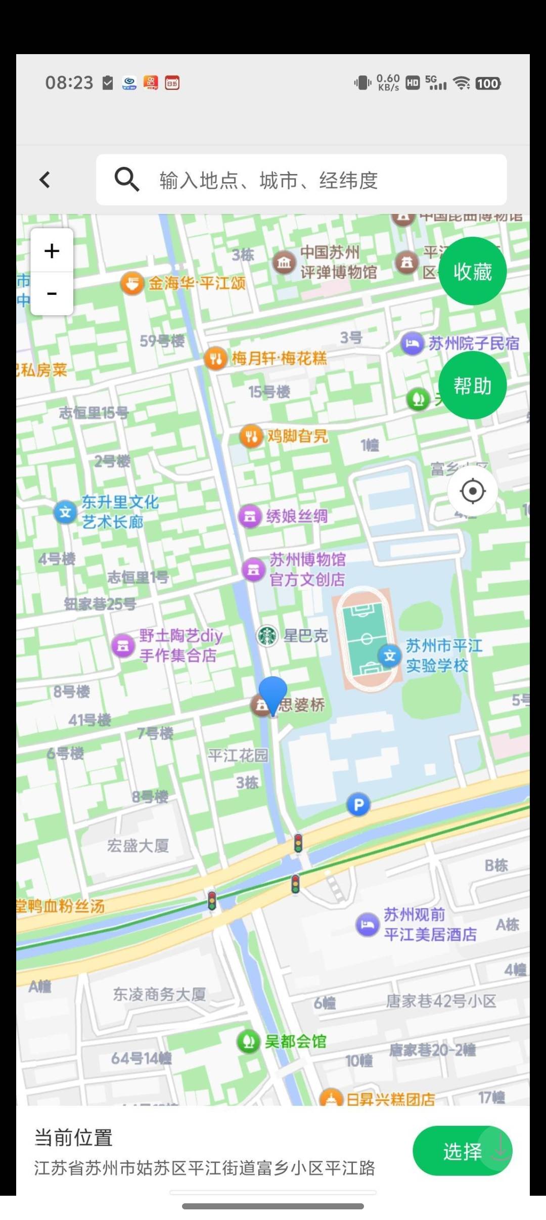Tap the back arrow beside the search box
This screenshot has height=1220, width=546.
[45, 180]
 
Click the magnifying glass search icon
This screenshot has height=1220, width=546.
[126, 180]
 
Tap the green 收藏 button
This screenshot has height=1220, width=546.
[472, 271]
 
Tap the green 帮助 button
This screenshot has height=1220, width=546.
[472, 385]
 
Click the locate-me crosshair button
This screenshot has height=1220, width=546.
[473, 491]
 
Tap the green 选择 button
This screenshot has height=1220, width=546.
[462, 1151]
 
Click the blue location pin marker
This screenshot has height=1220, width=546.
[273, 693]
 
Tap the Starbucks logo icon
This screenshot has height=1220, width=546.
[267, 636]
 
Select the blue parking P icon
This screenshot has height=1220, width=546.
[358, 805]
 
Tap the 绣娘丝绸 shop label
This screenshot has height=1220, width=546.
[297, 516]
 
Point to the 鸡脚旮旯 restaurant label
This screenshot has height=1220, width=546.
[297, 436]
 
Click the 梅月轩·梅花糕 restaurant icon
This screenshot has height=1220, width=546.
[215, 359]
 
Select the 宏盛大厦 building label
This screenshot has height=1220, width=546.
[138, 846]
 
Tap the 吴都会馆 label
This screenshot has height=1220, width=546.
[295, 1041]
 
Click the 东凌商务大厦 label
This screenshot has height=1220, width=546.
[159, 994]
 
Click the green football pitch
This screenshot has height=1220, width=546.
[363, 639]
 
